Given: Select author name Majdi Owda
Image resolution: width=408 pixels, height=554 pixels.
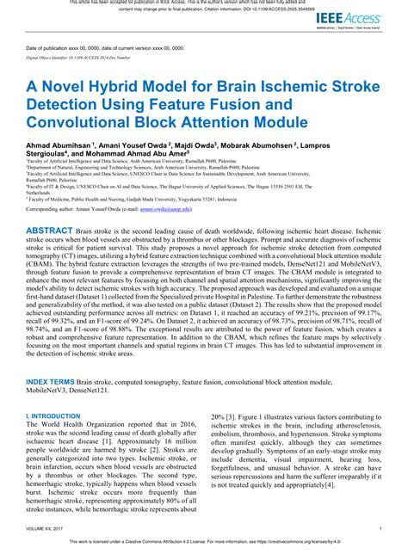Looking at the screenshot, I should click(x=199, y=146).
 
